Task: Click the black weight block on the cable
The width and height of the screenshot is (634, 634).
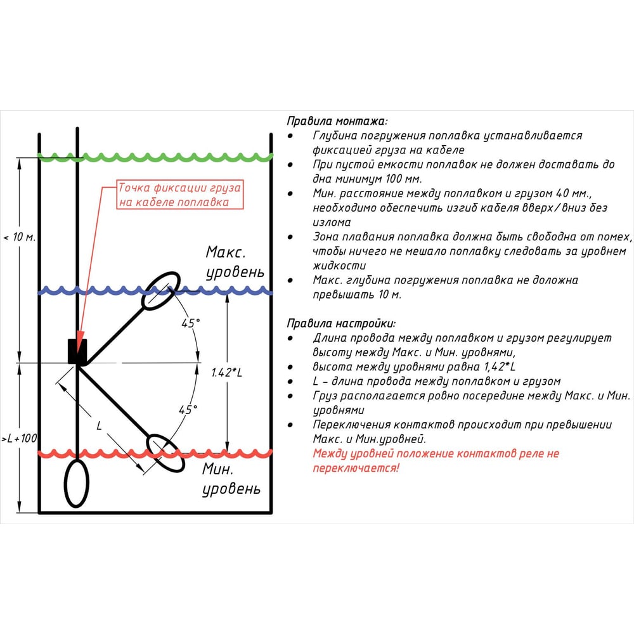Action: click(x=77, y=351)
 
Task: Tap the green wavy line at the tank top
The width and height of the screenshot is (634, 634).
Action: click(x=155, y=157)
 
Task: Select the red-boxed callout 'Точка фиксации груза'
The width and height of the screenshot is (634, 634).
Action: click(x=180, y=195)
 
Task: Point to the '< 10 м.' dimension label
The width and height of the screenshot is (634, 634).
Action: click(x=20, y=237)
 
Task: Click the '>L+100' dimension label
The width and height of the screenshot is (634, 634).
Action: click(x=20, y=438)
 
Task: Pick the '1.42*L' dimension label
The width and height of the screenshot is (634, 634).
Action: click(x=227, y=372)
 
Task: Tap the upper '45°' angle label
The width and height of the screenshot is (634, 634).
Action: click(x=190, y=323)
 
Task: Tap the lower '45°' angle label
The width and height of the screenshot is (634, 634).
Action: click(x=188, y=410)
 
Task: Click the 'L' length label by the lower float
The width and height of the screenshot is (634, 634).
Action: click(x=99, y=425)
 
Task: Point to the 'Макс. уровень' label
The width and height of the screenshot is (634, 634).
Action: click(x=235, y=262)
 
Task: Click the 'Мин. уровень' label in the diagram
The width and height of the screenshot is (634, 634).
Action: click(x=231, y=479)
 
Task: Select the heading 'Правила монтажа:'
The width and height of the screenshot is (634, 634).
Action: click(x=337, y=121)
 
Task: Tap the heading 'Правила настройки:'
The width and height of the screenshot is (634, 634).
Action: click(x=341, y=323)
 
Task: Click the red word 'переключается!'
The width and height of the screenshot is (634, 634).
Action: click(x=356, y=469)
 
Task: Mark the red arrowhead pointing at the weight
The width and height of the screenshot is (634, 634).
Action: click(x=80, y=337)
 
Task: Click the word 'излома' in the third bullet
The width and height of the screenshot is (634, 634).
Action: click(x=332, y=223)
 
